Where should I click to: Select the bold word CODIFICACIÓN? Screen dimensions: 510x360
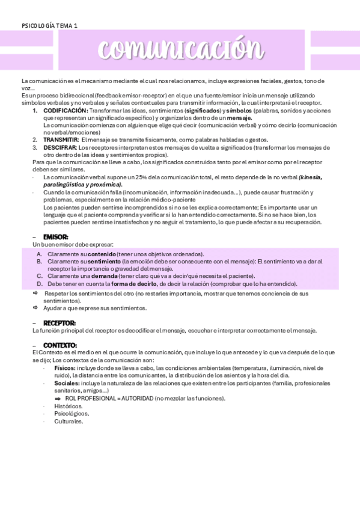click(66, 111)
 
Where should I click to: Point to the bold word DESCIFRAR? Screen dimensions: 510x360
click(59, 147)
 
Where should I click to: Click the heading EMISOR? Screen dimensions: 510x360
click(55, 237)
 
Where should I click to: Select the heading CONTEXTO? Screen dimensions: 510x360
click(59, 345)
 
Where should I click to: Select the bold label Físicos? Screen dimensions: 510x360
click(65, 367)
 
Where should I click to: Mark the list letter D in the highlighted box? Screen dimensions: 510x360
click(39, 283)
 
